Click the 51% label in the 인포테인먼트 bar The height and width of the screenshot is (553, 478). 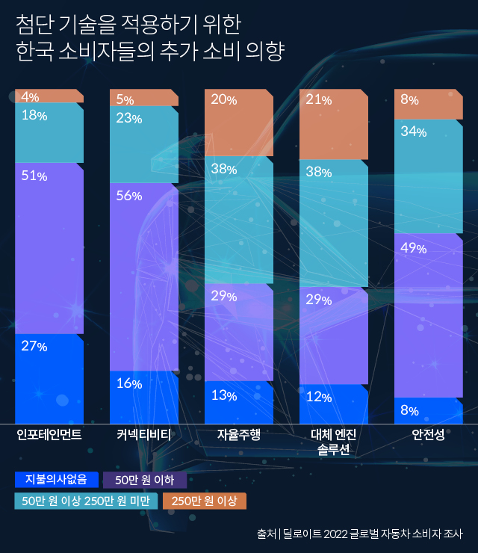click(34, 176)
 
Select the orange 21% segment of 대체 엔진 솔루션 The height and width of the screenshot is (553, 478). click(334, 123)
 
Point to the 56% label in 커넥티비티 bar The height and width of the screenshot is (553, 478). click(129, 196)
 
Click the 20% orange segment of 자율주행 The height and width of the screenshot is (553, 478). click(239, 123)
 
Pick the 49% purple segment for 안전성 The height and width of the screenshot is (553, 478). click(429, 314)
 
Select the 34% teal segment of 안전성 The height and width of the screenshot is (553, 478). click(429, 176)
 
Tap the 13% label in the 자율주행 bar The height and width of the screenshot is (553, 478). click(224, 395)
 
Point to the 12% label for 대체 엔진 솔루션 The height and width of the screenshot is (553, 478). click(319, 397)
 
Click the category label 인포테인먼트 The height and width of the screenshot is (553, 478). click(49, 434)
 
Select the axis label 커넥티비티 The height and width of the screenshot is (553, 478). click(144, 434)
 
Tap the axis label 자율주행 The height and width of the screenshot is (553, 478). click(239, 434)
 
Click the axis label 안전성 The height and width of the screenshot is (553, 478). click(429, 434)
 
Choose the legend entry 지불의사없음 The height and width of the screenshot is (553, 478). click(56, 479)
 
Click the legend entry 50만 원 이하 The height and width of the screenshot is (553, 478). click(145, 480)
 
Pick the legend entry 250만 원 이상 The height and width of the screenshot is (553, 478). click(204, 501)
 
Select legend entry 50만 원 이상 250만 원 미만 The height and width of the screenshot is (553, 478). click(87, 501)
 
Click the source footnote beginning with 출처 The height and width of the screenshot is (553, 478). click(359, 534)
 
